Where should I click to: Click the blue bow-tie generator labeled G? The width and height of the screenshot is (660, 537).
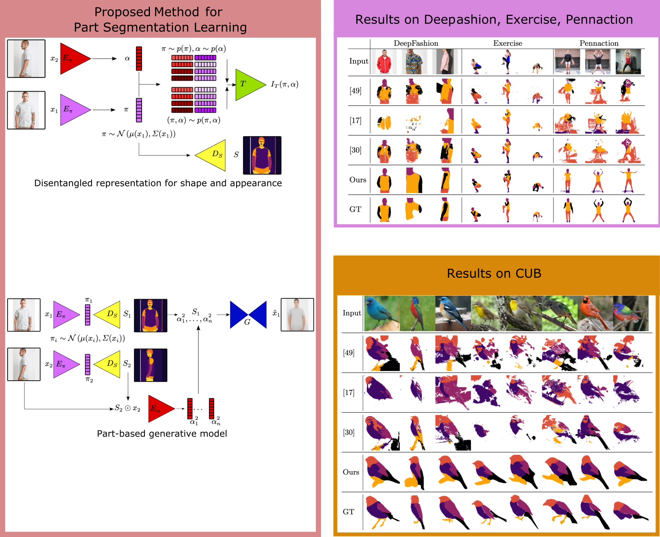[248, 315]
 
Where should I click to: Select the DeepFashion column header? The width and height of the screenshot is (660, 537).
[416, 43]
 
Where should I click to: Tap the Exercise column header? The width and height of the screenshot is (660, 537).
[507, 43]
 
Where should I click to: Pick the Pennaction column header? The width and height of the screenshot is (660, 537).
[599, 43]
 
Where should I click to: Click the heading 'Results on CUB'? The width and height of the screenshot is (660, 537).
[494, 274]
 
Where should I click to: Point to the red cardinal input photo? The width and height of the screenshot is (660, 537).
[595, 313]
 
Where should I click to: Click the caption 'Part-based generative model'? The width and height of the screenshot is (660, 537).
[162, 434]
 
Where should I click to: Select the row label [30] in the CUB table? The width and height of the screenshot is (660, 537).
[349, 432]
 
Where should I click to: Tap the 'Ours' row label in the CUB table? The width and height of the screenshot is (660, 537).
[351, 472]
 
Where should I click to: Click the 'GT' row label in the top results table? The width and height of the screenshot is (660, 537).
[355, 209]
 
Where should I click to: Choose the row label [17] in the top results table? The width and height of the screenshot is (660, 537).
[355, 121]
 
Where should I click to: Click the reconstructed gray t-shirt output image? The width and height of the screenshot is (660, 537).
[297, 315]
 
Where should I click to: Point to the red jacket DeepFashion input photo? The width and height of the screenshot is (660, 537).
[384, 61]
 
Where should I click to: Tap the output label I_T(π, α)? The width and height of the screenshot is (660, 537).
[284, 84]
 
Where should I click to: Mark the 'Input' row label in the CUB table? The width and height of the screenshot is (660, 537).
[352, 313]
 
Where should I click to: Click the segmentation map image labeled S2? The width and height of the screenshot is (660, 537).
[150, 365]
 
